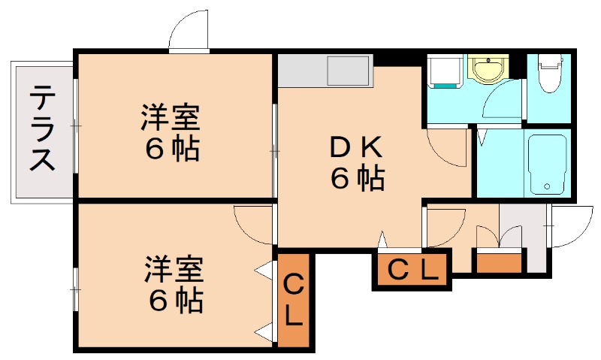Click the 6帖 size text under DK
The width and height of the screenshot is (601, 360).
point(357,179)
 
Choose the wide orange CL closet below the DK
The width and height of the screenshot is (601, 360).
point(412,270)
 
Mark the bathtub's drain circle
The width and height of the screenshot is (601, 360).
point(548,187)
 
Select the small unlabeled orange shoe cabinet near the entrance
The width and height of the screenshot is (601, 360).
point(498,263)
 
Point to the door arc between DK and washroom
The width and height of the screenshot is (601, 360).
point(449,147)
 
